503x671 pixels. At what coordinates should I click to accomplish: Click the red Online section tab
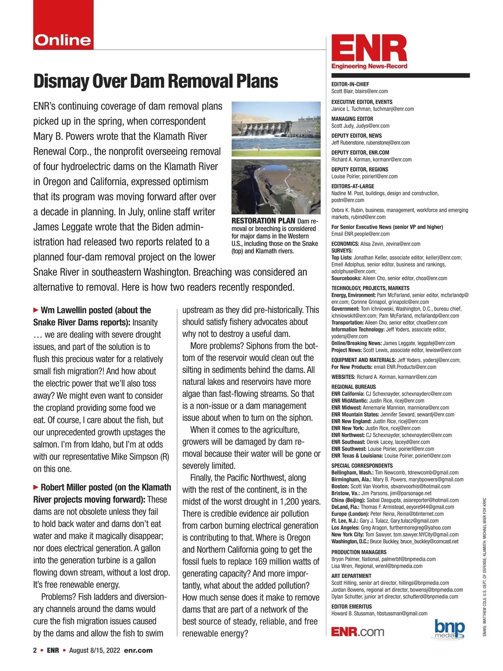[x=63, y=40]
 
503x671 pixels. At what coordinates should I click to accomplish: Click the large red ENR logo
[x=369, y=49]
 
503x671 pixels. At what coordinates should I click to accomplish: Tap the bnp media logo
[x=450, y=629]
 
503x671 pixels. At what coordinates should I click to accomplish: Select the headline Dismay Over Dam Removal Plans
[x=156, y=81]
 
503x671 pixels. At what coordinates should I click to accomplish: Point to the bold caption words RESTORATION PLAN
[x=263, y=221]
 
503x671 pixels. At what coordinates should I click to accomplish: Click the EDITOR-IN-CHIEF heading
[x=350, y=84]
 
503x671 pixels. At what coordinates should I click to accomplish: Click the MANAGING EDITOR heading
[x=352, y=119]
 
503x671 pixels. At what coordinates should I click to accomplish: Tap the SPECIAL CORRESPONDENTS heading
[x=362, y=466]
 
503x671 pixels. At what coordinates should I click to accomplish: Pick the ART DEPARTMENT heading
[x=351, y=576]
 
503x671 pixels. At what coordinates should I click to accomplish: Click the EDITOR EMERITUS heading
[x=351, y=606]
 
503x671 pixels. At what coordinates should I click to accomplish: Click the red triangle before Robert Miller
[x=36, y=487]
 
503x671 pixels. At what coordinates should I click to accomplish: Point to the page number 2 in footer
[x=35, y=650]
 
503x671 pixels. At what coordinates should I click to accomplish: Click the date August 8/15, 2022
[x=94, y=650]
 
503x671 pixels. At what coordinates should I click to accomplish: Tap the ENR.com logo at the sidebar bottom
[x=357, y=632]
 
